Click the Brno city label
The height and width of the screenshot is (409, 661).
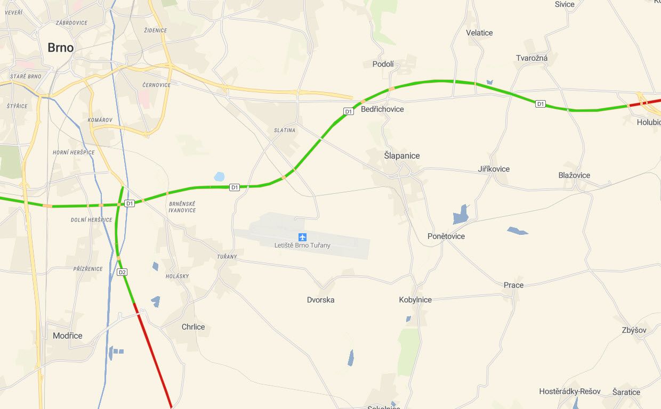click(x=60, y=48)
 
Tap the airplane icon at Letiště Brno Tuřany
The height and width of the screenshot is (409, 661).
click(x=303, y=236)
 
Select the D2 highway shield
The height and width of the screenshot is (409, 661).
click(x=122, y=272)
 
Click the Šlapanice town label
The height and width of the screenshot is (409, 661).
click(x=402, y=156)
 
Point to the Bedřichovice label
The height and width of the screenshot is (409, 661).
click(x=382, y=109)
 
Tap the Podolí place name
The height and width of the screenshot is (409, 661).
click(x=383, y=64)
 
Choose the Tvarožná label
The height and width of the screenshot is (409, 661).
click(x=531, y=58)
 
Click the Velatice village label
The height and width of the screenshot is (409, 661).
click(x=479, y=33)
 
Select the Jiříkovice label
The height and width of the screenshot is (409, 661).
click(x=494, y=169)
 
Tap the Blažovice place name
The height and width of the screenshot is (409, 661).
click(x=574, y=175)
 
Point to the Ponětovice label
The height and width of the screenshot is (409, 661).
click(x=446, y=236)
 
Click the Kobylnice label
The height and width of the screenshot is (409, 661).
click(x=415, y=300)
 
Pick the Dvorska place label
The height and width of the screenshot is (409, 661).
click(x=321, y=300)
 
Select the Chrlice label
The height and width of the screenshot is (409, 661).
click(x=193, y=327)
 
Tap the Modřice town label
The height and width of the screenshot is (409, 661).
click(x=68, y=336)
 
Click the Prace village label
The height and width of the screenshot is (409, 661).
click(x=513, y=285)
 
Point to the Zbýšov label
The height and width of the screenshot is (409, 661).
click(x=634, y=330)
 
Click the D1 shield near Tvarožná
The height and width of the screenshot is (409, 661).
click(x=541, y=104)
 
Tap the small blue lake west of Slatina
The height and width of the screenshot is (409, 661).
click(x=219, y=176)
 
